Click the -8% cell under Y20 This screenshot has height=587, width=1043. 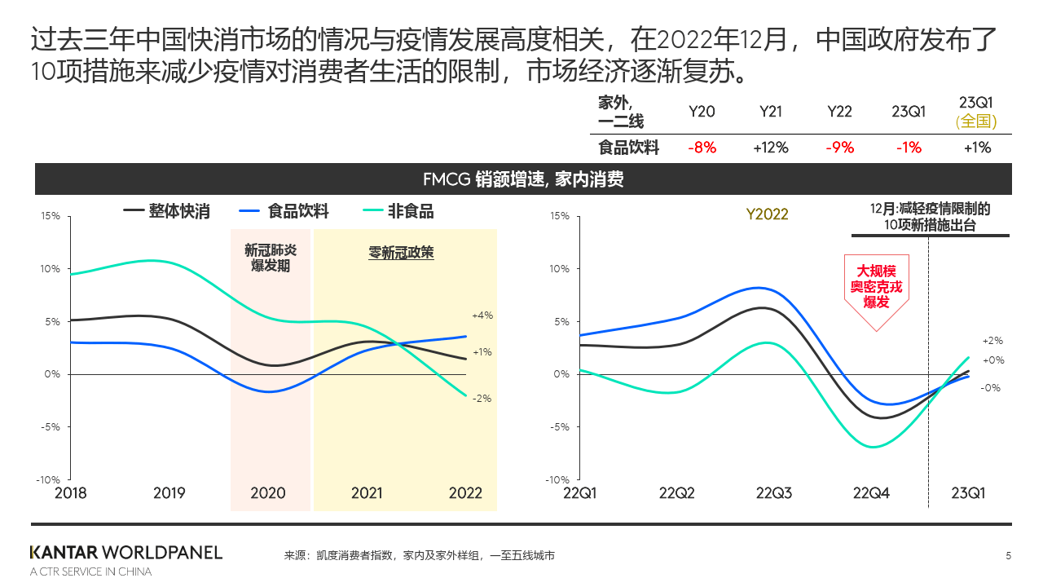pos(702,148)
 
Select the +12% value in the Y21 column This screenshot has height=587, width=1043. pos(770,148)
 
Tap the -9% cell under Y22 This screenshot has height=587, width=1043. pos(839,148)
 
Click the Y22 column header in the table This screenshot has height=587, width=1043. pos(839,112)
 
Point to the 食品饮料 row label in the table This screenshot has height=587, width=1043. pos(628,148)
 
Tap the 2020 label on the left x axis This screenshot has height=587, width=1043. pos(268,492)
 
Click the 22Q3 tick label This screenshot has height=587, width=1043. pos(775,492)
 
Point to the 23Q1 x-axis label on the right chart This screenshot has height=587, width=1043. pos(969,492)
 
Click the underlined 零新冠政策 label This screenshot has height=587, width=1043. pos(402,253)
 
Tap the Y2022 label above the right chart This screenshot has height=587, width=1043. pos(767,214)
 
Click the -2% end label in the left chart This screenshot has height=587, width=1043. pos(482,399)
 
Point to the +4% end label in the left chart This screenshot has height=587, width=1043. pos(482,316)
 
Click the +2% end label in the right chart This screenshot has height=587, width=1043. pos(992,341)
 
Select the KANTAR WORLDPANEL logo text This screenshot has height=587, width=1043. pos(125,552)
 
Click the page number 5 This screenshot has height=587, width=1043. pos(1008,556)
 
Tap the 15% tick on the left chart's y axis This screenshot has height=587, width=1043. pos(51,216)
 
